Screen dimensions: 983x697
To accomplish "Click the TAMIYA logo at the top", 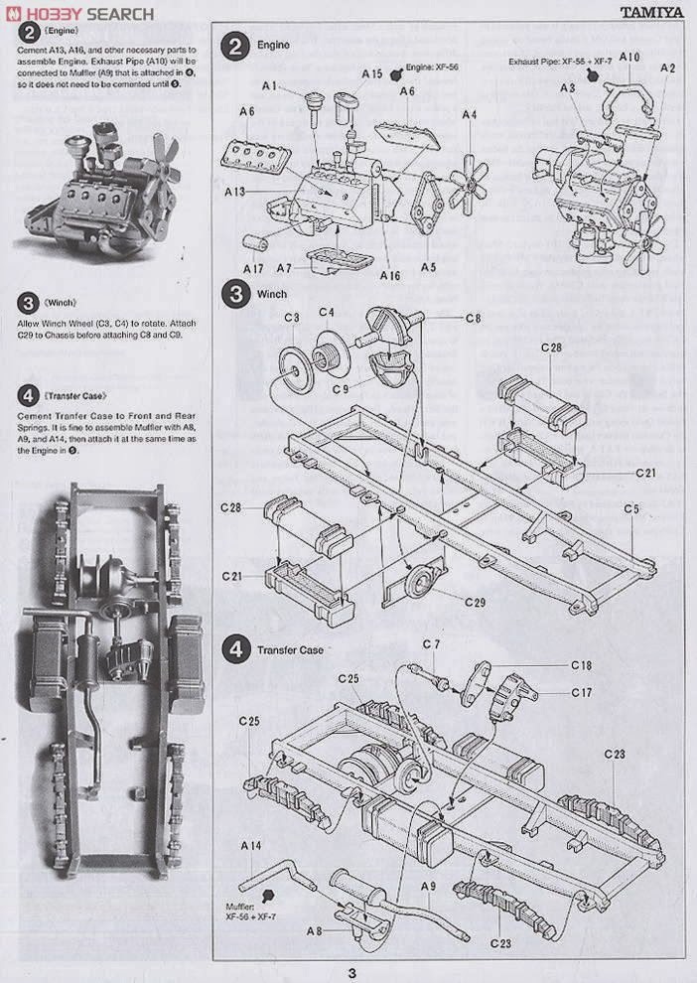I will pyautogui.click(x=652, y=13).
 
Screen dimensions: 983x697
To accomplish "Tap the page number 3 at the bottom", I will pyautogui.click(x=349, y=972).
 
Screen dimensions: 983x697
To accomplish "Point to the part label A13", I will pyautogui.click(x=237, y=191).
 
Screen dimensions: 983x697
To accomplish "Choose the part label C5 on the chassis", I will pyautogui.click(x=631, y=509).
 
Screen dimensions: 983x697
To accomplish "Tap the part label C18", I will pyautogui.click(x=581, y=664).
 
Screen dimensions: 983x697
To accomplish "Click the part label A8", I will pyautogui.click(x=313, y=930).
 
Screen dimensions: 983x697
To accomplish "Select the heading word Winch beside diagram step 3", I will pyautogui.click(x=271, y=294).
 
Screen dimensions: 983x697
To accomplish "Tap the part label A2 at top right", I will pyautogui.click(x=667, y=68).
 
